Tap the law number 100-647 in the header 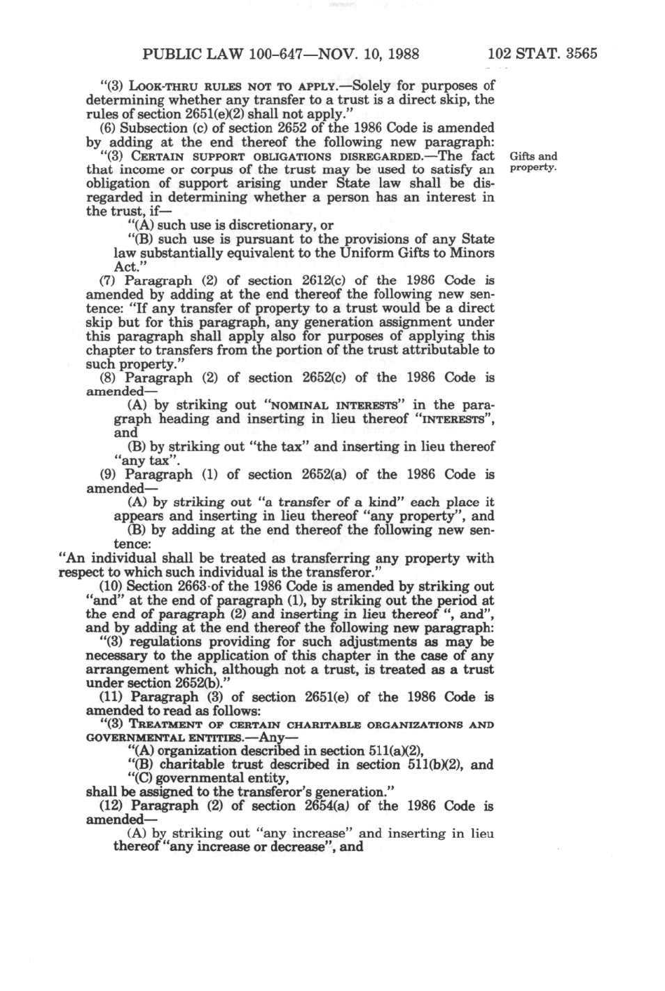coord(272,54)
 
